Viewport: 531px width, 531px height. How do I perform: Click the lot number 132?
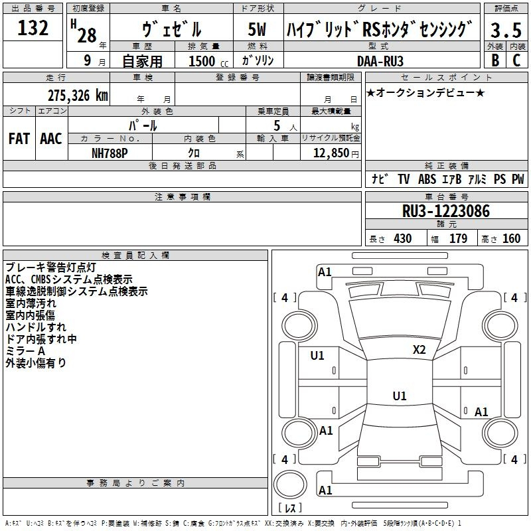click(33, 29)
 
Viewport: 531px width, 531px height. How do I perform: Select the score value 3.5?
click(504, 31)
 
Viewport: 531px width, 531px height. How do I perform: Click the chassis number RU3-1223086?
click(446, 211)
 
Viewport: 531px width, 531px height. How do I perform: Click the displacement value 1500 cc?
click(206, 61)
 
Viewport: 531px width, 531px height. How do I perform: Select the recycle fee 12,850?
click(331, 153)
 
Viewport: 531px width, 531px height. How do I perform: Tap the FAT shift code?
click(19, 139)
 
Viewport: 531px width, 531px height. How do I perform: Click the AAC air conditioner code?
click(51, 139)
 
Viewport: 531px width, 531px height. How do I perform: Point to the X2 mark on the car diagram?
click(419, 350)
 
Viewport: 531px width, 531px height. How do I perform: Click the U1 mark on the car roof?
click(399, 396)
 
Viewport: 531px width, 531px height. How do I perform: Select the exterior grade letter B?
click(494, 60)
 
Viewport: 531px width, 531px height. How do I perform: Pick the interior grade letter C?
click(516, 60)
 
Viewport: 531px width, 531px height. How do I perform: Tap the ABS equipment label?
click(427, 179)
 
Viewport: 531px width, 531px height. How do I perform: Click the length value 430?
click(402, 239)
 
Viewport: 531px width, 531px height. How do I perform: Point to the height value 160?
click(511, 239)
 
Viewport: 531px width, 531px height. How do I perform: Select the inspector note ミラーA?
click(25, 350)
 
